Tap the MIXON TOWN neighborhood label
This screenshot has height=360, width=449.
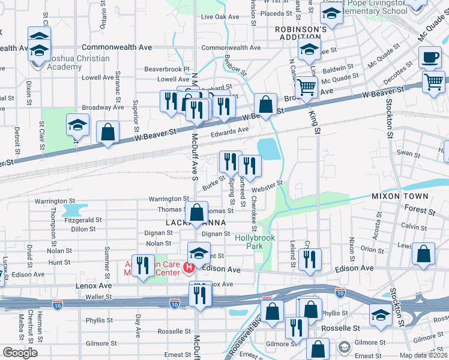pyautogui.click(x=400, y=196)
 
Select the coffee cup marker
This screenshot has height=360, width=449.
pyautogui.click(x=429, y=59)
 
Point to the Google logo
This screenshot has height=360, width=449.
pyautogui.click(x=20, y=353)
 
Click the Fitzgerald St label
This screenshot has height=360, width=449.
pyautogui.click(x=75, y=220)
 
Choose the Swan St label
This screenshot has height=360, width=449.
pyautogui.click(x=408, y=155)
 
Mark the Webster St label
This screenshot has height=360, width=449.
pyautogui.click(x=271, y=186)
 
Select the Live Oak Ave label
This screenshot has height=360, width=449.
pyautogui.click(x=220, y=17)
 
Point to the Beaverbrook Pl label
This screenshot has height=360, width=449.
pyautogui.click(x=166, y=70)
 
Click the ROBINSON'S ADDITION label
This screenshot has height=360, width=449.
pyautogui.click(x=300, y=33)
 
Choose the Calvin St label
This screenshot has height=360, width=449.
pyautogui.click(x=410, y=226)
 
